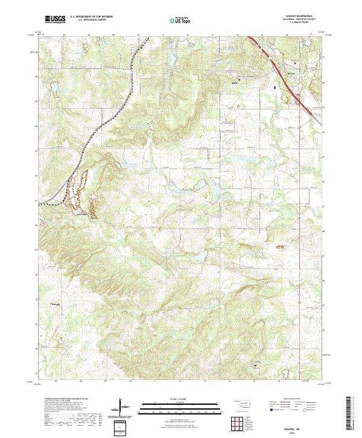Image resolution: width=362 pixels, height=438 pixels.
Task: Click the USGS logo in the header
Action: [55, 19]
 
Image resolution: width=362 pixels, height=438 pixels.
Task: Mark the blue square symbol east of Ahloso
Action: [275, 87]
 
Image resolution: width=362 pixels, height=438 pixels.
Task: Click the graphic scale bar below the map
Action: [181, 406]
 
